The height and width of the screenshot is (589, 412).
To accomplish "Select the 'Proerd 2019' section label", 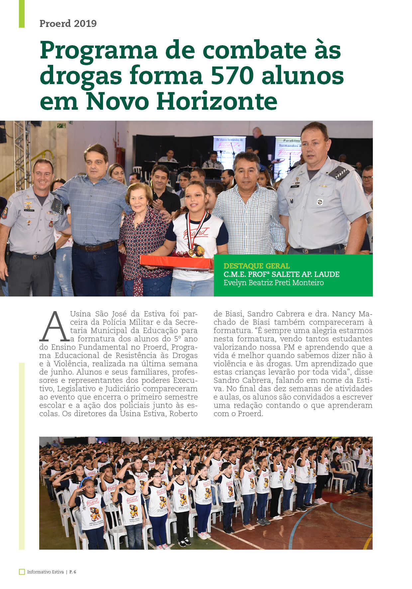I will [68, 24].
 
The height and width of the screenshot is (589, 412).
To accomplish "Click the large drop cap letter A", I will [54, 327].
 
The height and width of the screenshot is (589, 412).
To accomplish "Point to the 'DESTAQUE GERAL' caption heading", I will [257, 266].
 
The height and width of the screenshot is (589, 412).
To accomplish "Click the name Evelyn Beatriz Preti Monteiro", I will [273, 283].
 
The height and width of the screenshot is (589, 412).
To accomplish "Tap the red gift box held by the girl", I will [176, 262].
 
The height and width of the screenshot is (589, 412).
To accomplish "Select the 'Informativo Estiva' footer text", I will [45, 572].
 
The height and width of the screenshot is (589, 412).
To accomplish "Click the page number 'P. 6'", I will [73, 572].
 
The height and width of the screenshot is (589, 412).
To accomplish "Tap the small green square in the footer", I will [22, 572].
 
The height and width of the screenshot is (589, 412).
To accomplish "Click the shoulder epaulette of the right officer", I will [339, 173].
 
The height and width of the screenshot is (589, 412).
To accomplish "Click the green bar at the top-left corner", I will [22, 14].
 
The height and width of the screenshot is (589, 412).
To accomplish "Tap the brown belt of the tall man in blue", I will [95, 246].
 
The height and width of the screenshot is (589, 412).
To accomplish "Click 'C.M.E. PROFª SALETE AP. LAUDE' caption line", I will [281, 274].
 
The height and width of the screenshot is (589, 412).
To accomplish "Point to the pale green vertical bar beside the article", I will [22, 455].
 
